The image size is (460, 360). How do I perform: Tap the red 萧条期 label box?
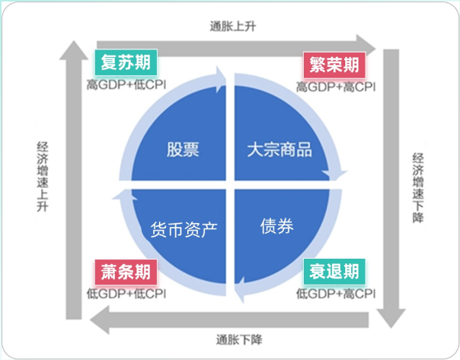(x=126, y=272)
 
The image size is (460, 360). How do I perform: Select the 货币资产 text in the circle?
(x=184, y=228)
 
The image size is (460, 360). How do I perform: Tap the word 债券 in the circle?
(x=276, y=226)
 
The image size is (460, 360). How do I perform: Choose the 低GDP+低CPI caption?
(x=127, y=293)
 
